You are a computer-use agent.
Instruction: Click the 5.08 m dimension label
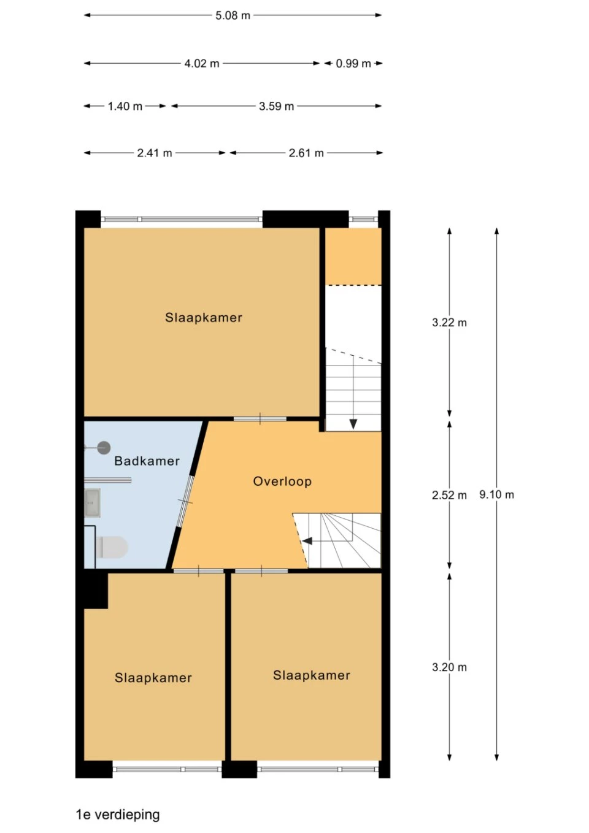(233, 15)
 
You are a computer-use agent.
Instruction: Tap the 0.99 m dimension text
(353, 63)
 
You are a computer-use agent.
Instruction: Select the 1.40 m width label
(125, 106)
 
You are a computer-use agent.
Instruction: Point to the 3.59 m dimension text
(276, 106)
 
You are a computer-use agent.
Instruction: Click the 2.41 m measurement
(154, 153)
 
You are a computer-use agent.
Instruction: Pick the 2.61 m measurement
(306, 153)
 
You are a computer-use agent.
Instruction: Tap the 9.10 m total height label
(496, 494)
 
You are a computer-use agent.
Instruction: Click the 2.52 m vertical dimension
(449, 495)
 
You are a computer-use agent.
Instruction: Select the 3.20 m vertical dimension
(449, 667)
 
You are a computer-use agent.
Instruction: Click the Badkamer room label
(147, 461)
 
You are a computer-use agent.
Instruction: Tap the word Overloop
(282, 482)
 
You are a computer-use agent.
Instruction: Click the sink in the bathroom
(93, 503)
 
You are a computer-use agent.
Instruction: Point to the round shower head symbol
(104, 448)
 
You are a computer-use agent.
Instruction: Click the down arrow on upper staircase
(353, 423)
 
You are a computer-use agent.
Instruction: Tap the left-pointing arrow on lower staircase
(307, 541)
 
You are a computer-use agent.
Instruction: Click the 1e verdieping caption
(117, 815)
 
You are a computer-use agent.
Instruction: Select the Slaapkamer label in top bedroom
(203, 318)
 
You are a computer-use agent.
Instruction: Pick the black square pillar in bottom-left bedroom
(95, 589)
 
